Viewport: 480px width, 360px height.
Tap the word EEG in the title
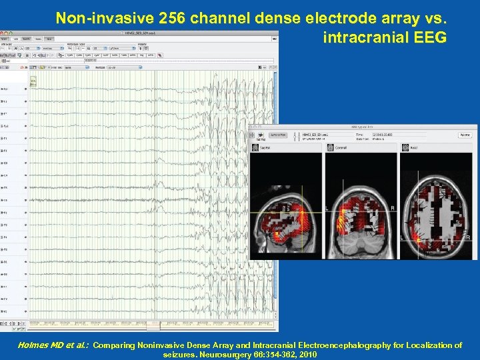pyautogui.click(x=429, y=37)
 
